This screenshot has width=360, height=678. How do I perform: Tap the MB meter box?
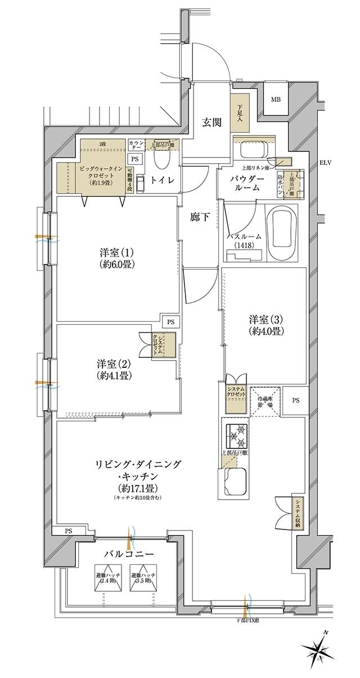point(276,100)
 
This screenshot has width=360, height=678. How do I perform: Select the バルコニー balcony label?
point(128,554)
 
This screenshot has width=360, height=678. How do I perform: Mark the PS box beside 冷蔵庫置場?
point(296,401)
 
